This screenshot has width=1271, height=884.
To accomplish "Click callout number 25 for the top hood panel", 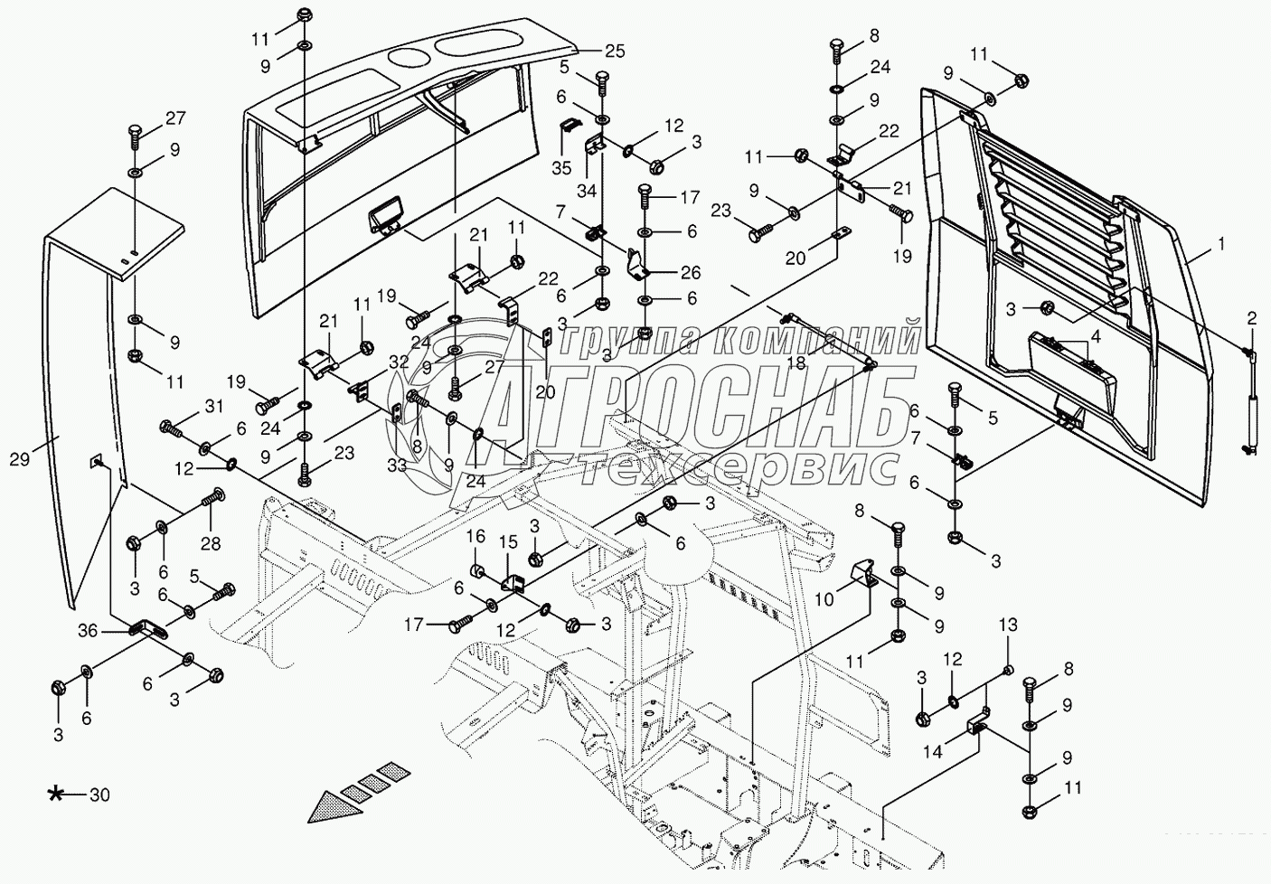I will coord(615,51).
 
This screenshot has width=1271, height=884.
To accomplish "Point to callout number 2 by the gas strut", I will coord(1251,317).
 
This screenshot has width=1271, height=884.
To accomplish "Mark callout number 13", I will coord(1008,626).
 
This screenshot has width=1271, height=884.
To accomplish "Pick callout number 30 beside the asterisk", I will coord(99,795).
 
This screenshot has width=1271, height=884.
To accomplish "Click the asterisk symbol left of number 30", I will coord(56,795).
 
